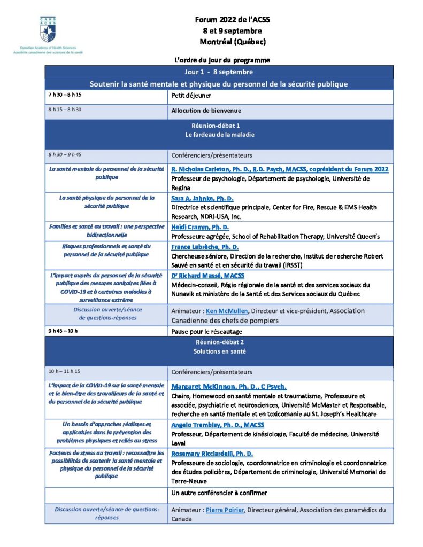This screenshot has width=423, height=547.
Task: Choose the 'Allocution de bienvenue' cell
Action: coord(206,111)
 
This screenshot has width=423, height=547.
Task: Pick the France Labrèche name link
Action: coord(205,247)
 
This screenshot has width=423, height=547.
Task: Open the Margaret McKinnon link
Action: coord(229,386)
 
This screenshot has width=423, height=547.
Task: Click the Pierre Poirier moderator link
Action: coord(225,510)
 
